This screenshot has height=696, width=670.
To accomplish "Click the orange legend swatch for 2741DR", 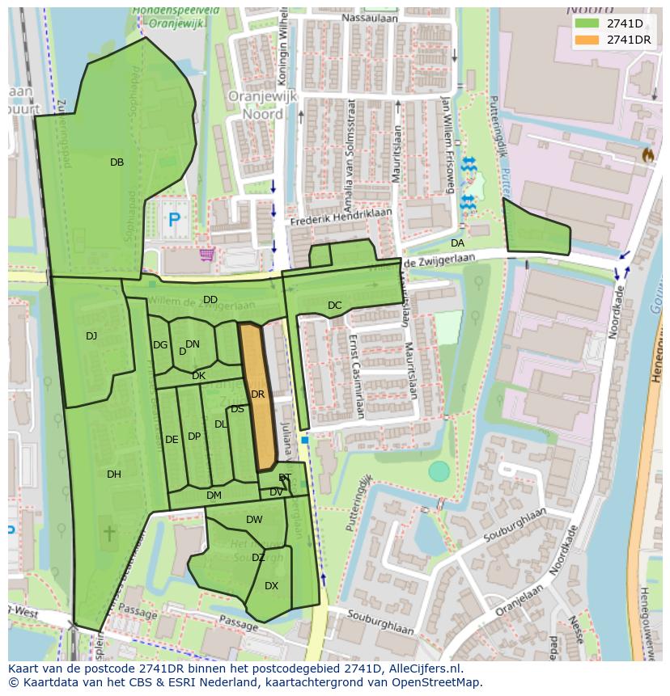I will point(587,40).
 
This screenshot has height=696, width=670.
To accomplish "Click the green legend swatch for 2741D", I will point(587,23).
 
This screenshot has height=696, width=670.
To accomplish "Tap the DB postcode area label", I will point(117,162).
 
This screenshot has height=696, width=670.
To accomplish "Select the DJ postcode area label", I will point(91,336).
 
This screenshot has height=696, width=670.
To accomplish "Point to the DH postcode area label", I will point(114,475).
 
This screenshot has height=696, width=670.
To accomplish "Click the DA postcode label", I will point(457,243).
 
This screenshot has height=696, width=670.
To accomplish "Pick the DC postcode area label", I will point(335,306).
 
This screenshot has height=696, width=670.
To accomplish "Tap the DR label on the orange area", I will point(258,394).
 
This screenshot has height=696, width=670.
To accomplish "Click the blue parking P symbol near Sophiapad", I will point(173,218).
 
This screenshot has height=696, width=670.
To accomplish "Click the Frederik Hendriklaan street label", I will point(341,216).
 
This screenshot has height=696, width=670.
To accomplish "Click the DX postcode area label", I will point(272,586).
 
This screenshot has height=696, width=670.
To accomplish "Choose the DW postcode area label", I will point(254,520).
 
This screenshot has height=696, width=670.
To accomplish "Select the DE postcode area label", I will point(172,440).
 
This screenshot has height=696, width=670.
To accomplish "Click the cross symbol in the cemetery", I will point(109,534).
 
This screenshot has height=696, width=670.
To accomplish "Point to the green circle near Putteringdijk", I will point(439,471).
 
